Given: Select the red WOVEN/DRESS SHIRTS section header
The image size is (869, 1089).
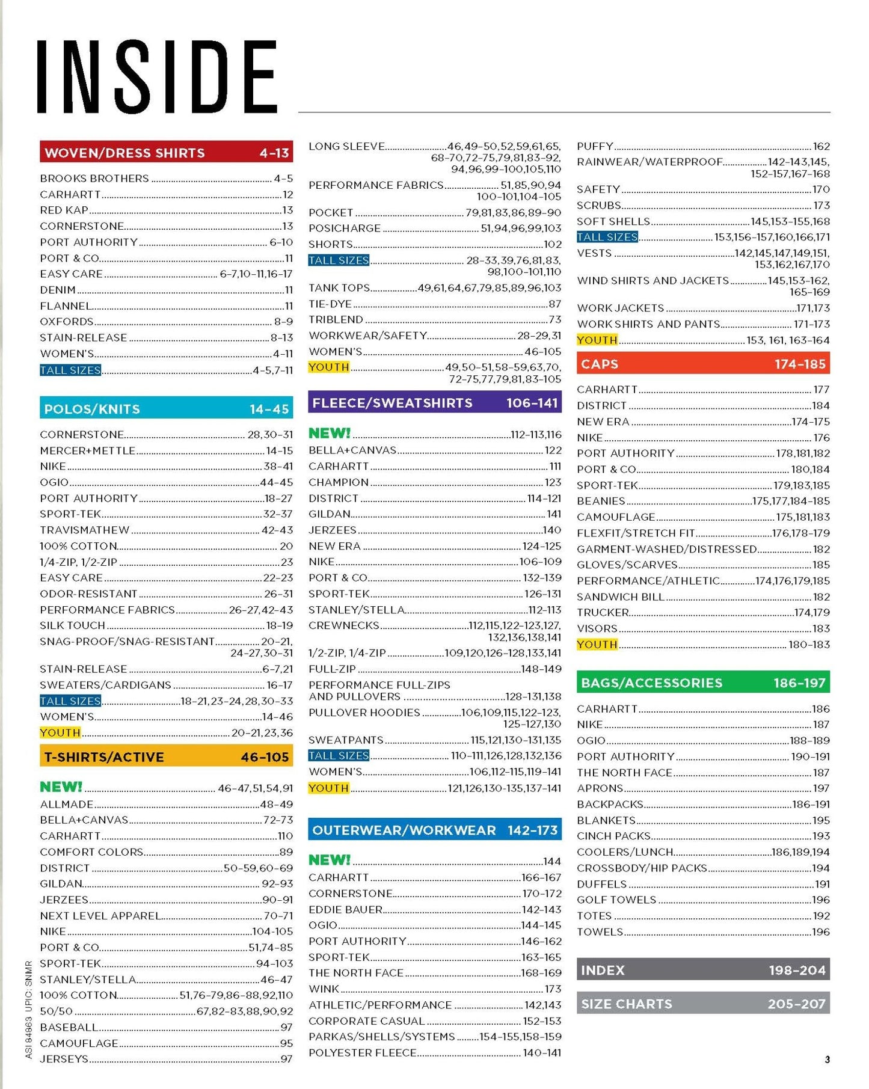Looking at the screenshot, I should point(166,153).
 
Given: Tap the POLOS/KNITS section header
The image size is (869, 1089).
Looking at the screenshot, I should point(166,409).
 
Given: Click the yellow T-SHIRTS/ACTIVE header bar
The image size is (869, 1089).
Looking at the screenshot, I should point(166,756).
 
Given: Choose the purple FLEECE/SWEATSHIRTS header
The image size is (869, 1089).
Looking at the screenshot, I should point(434,403).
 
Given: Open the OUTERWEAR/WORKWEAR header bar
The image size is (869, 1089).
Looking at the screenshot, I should point(434,830).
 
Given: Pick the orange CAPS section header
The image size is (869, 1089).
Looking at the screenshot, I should point(702,364).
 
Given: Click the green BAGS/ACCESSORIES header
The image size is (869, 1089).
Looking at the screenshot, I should point(702,683).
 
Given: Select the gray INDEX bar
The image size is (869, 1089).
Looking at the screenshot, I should point(702,970).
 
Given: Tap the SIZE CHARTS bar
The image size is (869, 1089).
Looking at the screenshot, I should point(702,1004).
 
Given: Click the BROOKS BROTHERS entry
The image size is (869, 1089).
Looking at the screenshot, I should point(94,179).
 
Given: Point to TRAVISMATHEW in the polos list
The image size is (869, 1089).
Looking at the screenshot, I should point(85,530).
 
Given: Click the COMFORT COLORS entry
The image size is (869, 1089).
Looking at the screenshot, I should point(91,851).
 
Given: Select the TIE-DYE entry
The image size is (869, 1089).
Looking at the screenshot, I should point(330,304).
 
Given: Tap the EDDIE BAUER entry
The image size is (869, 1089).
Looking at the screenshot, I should point(345,909).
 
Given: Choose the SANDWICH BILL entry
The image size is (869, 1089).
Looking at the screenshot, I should point(620,597).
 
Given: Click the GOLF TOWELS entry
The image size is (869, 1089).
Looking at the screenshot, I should point(616,900).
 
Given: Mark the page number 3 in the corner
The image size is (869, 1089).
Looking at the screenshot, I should point(827,1059).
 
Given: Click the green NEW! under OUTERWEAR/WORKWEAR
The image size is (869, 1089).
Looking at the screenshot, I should point(329,860).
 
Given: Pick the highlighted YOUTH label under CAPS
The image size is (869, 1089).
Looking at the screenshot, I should point(597,644).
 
